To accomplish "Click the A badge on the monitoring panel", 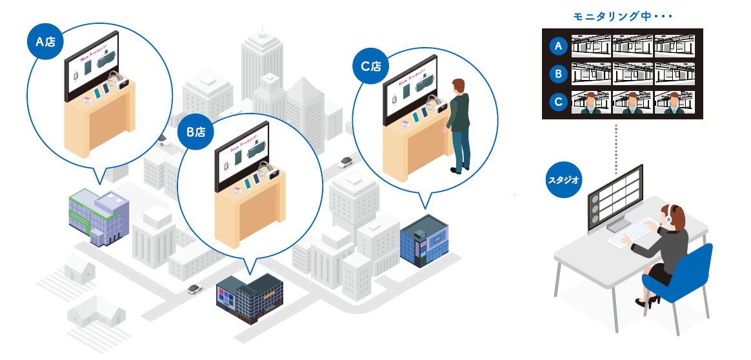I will point(559,46).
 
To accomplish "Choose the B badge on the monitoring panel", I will point(559,74).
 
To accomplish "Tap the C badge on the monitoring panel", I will point(559,102).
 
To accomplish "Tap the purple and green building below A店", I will point(98,215).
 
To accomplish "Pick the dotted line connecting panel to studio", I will point(617,148).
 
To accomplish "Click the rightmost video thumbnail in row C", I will point(674,103).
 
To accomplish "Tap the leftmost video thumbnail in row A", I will point(591,46).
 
